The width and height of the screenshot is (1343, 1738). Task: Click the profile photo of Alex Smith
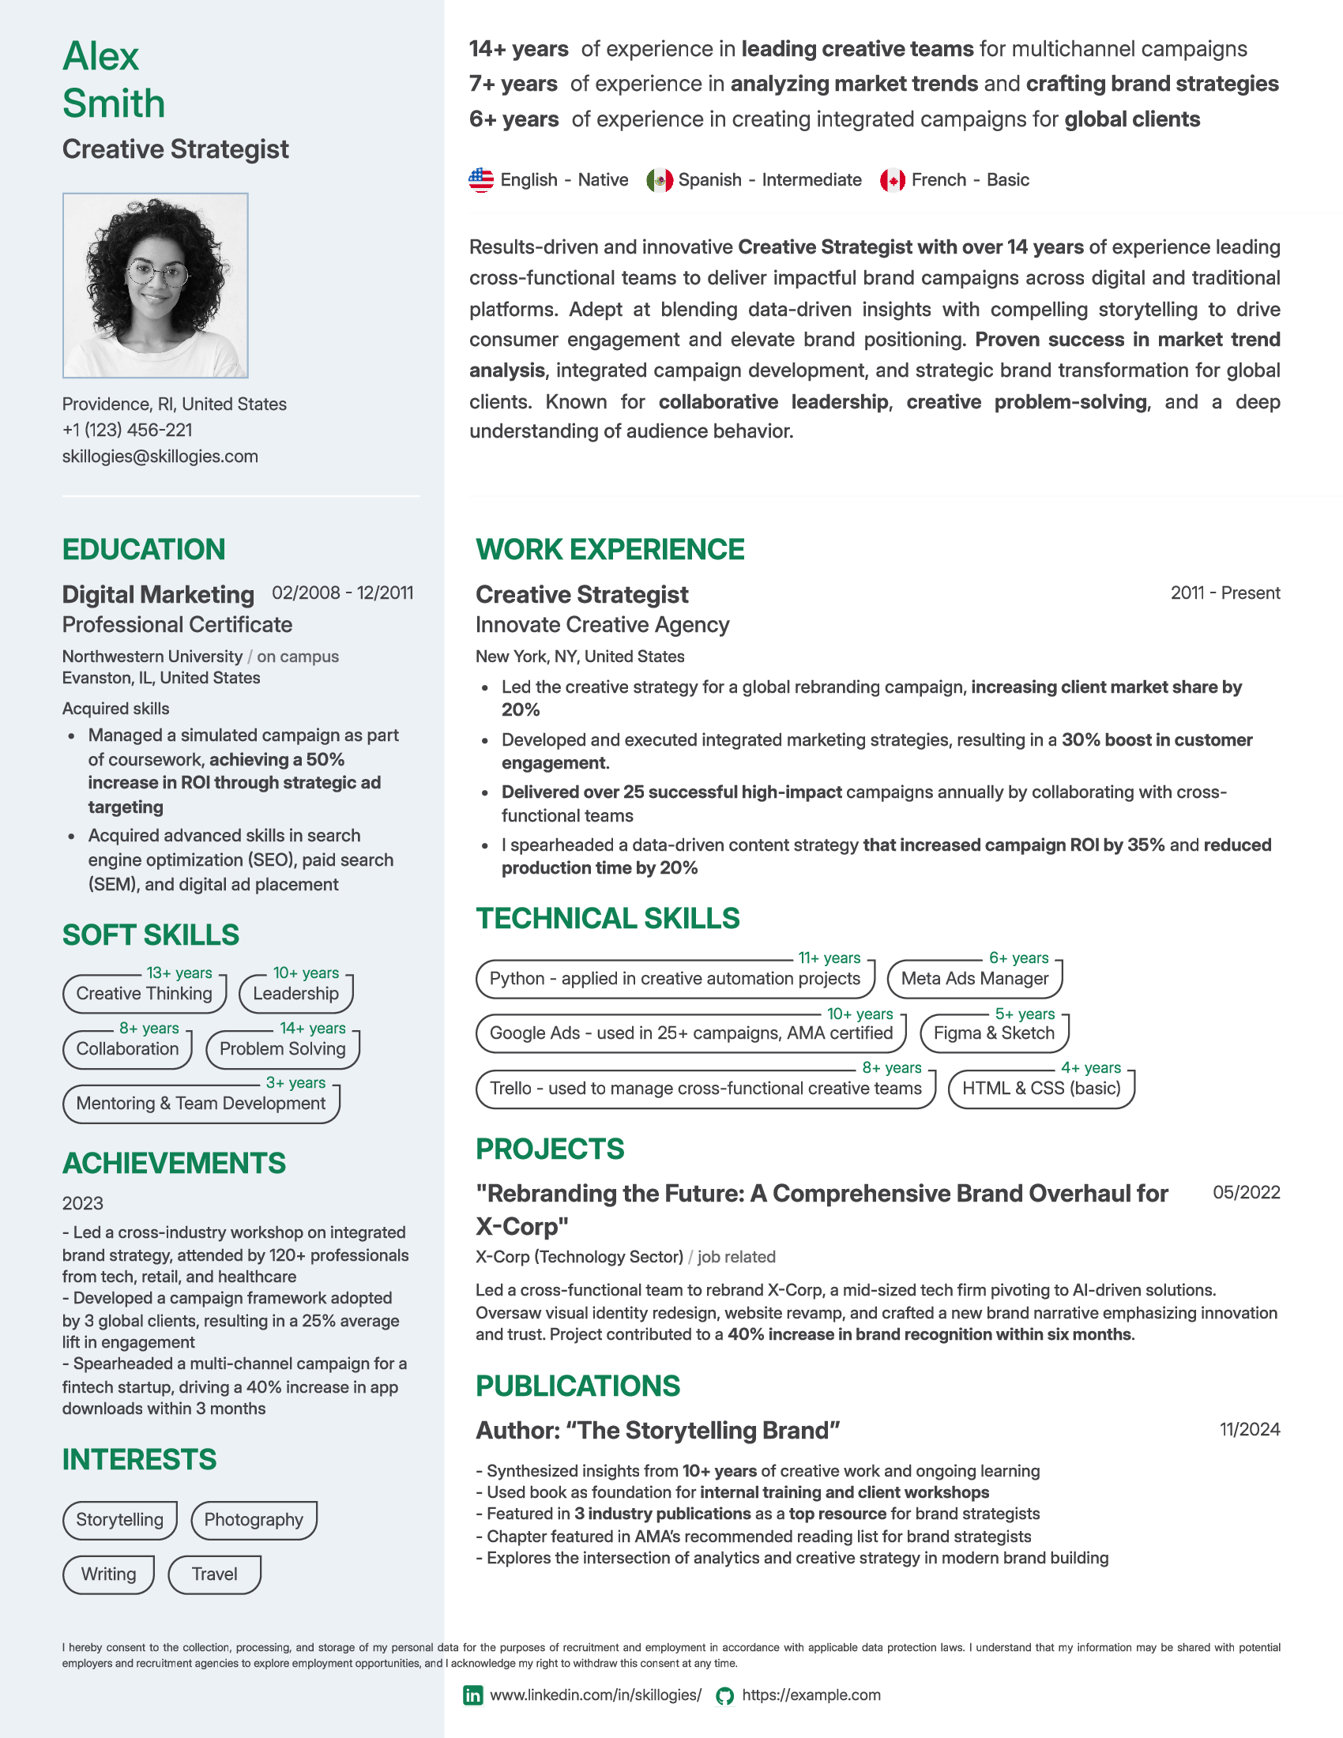point(155,285)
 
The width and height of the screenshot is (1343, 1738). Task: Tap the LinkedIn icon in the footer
point(472,1695)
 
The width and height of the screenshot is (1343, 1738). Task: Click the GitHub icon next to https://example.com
point(724,1695)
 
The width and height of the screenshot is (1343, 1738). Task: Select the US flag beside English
point(481,180)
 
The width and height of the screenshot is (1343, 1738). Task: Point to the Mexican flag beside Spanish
point(660,180)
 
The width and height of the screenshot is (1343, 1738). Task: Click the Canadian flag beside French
point(893,180)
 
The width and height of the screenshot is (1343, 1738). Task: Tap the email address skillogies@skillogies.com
point(160,456)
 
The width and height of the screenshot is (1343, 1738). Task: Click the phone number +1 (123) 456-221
point(127,430)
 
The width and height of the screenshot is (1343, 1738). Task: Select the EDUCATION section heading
point(143,549)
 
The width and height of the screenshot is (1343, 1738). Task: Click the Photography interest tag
point(254,1519)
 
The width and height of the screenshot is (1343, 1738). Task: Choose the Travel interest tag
point(214,1574)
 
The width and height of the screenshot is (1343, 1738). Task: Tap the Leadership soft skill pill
point(295,993)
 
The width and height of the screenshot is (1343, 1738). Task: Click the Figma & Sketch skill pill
point(994,1033)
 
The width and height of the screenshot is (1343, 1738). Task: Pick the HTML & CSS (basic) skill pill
point(1040,1088)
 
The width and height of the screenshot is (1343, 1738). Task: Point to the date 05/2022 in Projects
point(1246,1192)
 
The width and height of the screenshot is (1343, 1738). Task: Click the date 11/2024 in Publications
point(1249,1429)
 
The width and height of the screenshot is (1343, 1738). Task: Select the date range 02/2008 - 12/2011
point(342,592)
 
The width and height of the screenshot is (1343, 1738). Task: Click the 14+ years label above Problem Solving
point(312,1028)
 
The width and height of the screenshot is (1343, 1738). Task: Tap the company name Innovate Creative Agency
point(602,625)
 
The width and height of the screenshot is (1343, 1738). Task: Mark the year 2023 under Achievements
point(83,1202)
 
